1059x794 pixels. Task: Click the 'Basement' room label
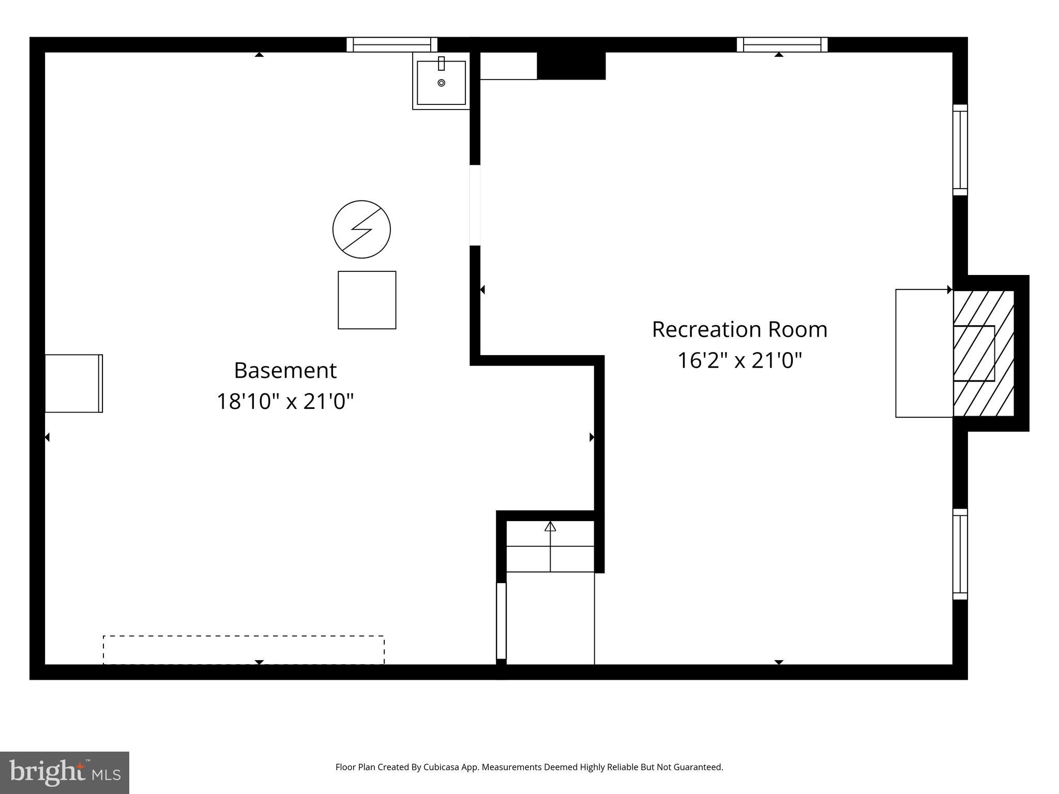(285, 371)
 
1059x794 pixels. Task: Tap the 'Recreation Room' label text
(739, 330)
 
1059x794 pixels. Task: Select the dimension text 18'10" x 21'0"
(285, 402)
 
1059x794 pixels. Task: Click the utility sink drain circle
(441, 83)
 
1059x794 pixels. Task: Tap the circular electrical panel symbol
(361, 230)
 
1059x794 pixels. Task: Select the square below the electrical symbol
(367, 300)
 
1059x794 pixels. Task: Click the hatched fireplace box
(984, 354)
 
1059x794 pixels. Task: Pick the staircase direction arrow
(550, 527)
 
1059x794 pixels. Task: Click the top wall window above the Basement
(392, 45)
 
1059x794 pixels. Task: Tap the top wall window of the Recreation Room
(782, 45)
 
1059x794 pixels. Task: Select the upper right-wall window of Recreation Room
(960, 150)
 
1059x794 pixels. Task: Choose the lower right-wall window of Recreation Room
(960, 554)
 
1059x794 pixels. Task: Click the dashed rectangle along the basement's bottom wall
(244, 650)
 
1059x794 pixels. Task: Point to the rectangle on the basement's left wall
(73, 384)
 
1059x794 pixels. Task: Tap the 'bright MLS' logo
(65, 772)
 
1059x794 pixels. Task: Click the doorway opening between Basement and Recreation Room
(475, 205)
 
